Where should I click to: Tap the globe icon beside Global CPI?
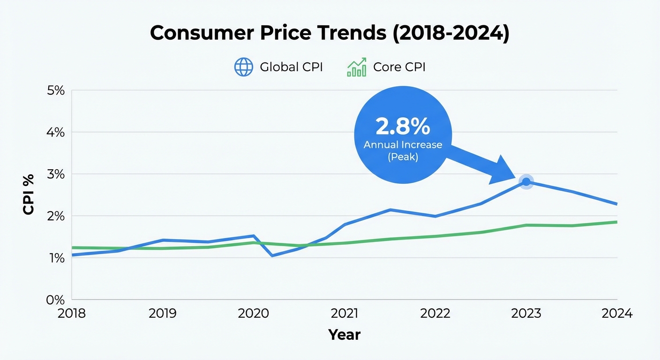[243, 67]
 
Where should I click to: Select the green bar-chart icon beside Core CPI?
[356, 67]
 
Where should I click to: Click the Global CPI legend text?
[291, 67]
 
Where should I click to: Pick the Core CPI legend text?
[399, 67]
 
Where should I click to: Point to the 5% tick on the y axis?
[55, 90]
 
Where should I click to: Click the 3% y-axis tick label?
[55, 174]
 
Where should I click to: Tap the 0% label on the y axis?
[55, 300]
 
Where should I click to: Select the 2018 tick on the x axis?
[72, 313]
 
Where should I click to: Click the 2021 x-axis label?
[344, 313]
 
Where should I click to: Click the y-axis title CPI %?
[29, 195]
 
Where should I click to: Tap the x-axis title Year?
[344, 335]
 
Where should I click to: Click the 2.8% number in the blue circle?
[403, 127]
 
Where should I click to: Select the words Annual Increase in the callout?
[403, 145]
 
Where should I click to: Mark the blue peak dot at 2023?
[526, 182]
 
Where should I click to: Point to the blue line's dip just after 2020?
[272, 255]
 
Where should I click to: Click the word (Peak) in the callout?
[403, 157]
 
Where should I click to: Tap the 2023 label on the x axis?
[526, 313]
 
